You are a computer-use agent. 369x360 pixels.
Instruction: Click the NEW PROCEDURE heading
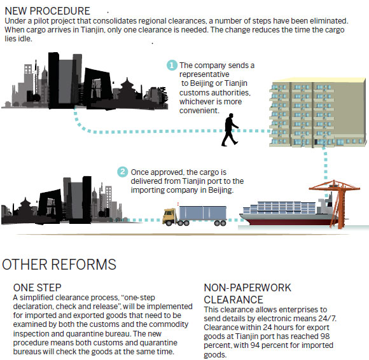click(47, 11)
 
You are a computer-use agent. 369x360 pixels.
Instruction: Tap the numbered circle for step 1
click(172, 65)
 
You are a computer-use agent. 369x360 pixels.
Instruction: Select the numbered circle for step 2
click(123, 172)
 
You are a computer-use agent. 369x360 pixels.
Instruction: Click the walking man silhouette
click(230, 130)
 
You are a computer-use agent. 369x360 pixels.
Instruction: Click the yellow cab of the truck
click(169, 216)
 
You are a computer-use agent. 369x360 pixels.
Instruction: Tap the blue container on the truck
click(202, 213)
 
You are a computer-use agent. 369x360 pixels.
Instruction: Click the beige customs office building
click(317, 113)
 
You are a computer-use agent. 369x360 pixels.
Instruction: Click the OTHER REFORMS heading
click(59, 264)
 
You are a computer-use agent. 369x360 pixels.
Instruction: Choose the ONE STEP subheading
click(37, 287)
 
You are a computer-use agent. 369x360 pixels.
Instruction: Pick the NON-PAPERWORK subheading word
click(247, 287)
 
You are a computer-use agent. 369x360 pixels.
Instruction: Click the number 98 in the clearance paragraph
click(325, 336)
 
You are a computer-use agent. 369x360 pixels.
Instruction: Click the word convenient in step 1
click(199, 110)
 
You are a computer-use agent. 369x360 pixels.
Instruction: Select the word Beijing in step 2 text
click(221, 190)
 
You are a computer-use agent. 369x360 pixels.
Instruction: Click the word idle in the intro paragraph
click(25, 39)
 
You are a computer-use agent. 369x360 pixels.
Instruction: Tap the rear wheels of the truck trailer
click(220, 223)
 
